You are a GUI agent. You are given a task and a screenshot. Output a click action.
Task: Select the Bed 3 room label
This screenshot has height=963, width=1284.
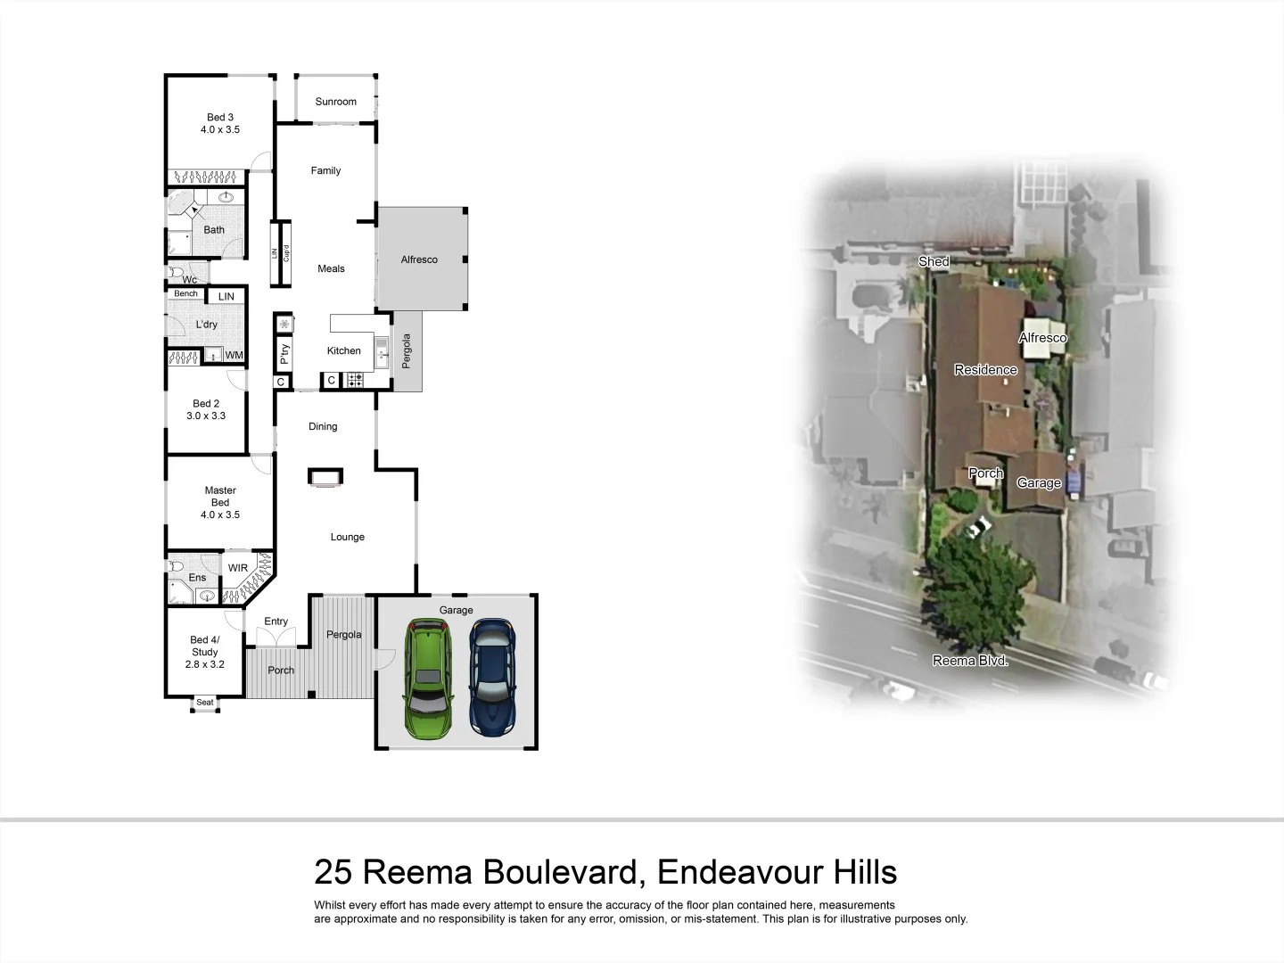point(220,117)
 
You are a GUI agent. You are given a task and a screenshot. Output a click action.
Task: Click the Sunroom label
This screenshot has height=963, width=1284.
point(336,102)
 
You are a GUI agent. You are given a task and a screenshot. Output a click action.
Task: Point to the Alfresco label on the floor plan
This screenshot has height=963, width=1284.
point(419,259)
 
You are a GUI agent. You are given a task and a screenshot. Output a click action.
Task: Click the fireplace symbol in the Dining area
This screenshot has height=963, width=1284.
point(324,477)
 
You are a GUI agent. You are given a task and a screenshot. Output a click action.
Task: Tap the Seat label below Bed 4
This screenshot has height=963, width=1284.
point(205,703)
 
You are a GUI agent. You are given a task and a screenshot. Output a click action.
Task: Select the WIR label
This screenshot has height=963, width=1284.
point(238,568)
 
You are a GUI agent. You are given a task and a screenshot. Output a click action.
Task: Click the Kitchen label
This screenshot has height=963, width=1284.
point(343,350)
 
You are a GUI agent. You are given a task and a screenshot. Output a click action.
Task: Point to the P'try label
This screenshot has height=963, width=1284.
point(284,354)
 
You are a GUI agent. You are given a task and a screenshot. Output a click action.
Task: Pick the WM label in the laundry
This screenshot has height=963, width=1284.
point(234,355)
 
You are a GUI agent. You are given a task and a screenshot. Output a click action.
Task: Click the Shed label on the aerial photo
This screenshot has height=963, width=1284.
point(934,261)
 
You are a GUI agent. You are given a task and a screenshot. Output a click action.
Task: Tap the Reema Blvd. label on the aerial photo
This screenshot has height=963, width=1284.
point(970,661)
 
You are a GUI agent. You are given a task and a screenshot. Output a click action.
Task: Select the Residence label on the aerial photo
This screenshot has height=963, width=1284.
point(985,369)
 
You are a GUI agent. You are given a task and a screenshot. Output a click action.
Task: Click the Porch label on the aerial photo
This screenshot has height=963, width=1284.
point(986,473)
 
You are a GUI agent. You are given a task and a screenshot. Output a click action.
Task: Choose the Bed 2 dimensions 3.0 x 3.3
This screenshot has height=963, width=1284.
point(206,416)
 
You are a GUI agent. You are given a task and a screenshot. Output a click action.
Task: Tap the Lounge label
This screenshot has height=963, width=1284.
point(348,537)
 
